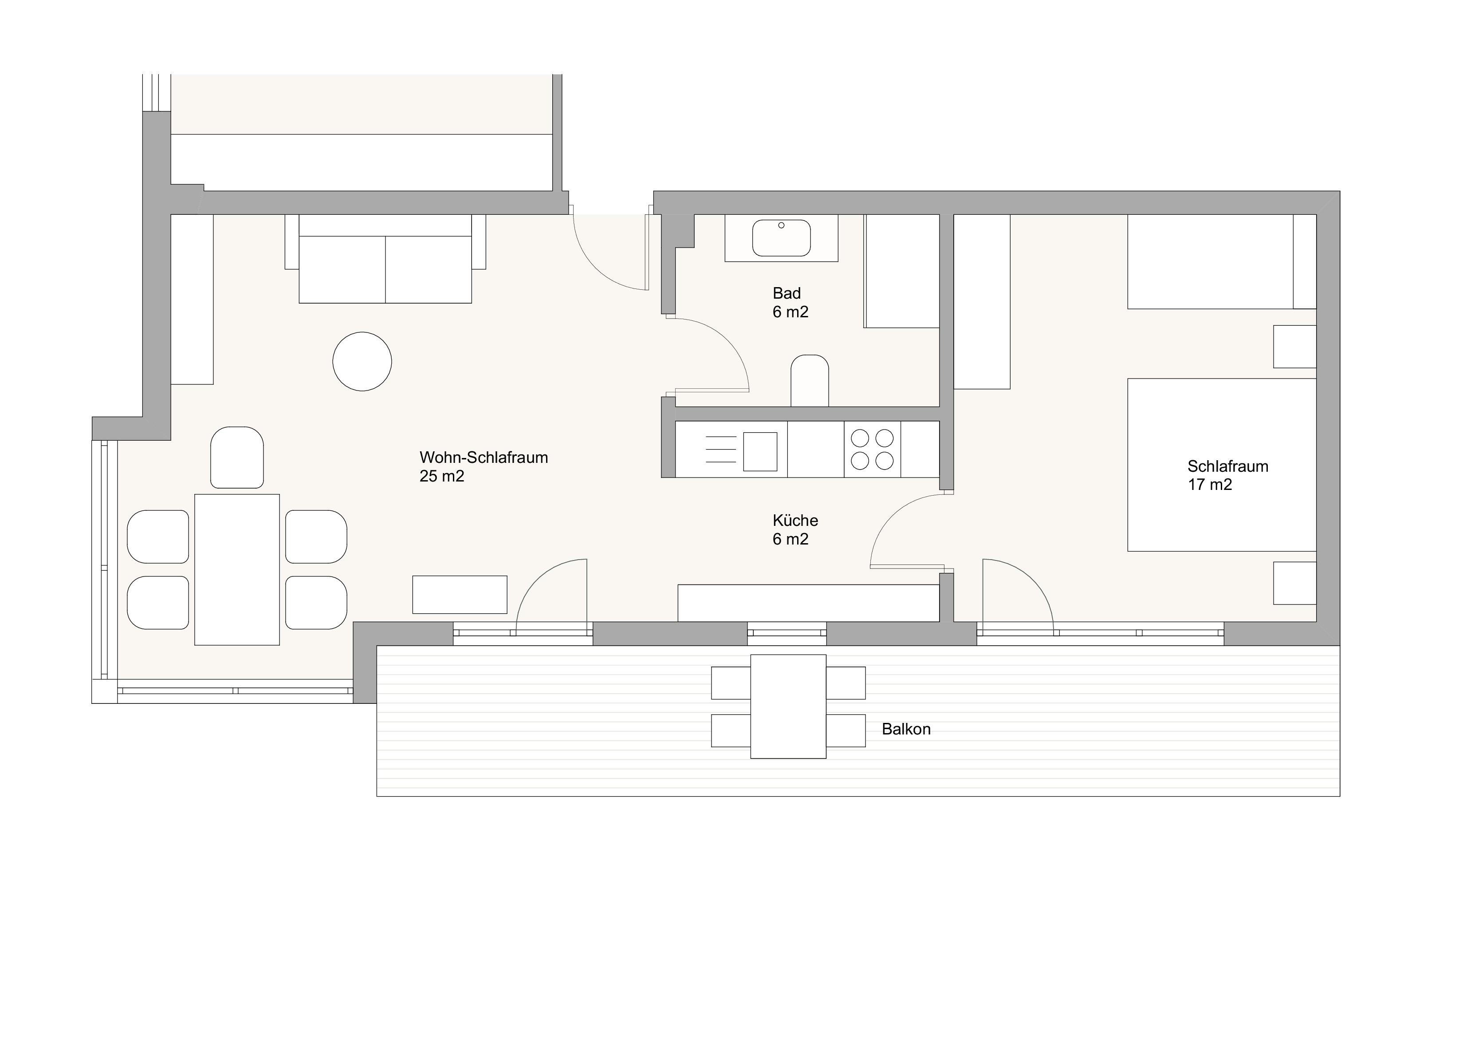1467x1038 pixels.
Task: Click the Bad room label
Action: (x=787, y=293)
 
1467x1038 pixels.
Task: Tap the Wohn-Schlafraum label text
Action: (x=484, y=458)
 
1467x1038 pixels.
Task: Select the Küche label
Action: (x=795, y=520)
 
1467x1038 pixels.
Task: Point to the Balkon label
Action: (x=906, y=729)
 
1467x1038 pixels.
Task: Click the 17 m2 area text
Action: (x=1210, y=485)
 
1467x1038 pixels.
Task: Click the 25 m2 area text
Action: (x=441, y=476)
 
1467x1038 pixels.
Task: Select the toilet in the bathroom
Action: (x=810, y=380)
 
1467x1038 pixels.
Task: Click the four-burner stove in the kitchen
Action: (x=872, y=450)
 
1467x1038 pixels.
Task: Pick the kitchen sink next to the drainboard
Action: (x=760, y=451)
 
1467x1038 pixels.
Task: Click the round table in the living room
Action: (x=362, y=361)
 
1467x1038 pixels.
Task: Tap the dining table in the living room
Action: (x=237, y=569)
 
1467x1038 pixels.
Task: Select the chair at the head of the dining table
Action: (x=237, y=458)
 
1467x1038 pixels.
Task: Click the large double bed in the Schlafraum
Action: (x=1222, y=465)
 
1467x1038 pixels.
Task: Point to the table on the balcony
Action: (x=788, y=706)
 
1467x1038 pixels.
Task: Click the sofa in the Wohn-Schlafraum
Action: (x=385, y=258)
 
